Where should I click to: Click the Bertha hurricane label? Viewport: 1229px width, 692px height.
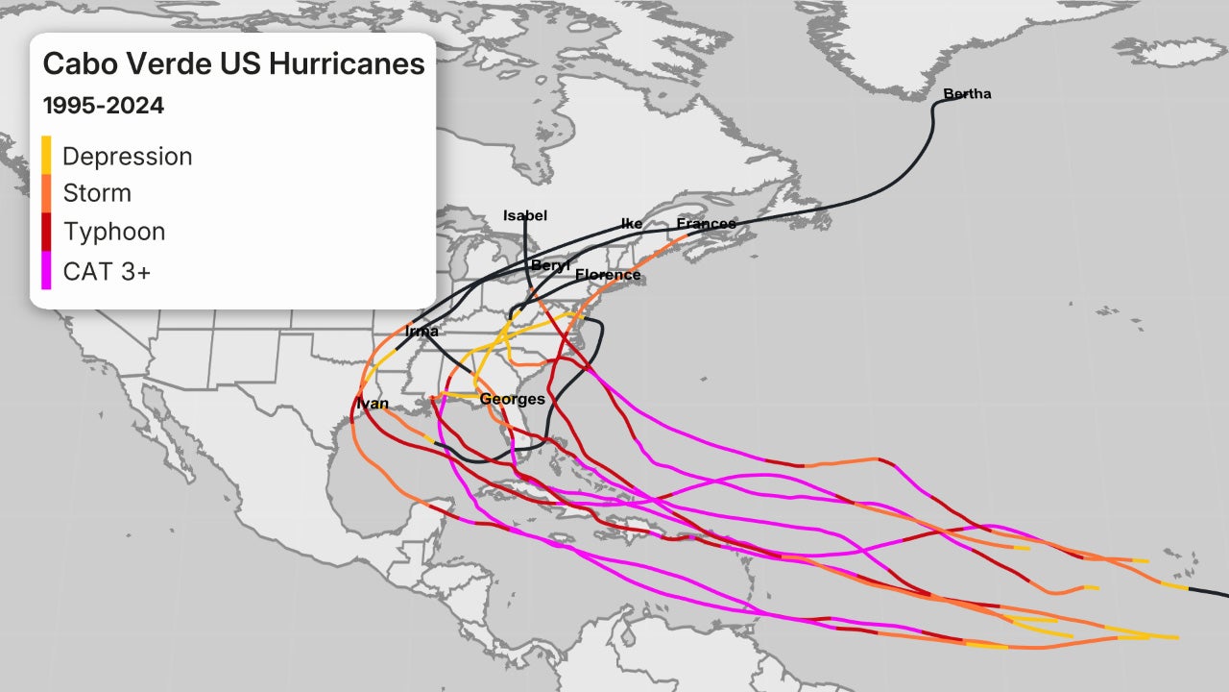[967, 94]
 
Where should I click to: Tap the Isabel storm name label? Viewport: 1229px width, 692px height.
[524, 216]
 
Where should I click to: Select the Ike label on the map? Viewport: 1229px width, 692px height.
[632, 224]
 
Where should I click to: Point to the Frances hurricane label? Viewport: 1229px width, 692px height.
[706, 224]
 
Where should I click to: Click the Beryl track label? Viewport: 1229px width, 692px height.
[550, 265]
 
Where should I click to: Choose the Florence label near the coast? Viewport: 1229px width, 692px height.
[608, 275]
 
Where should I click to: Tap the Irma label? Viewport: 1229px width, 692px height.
[422, 332]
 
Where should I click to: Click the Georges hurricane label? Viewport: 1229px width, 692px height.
[512, 399]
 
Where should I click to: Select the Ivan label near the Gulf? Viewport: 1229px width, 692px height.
[373, 404]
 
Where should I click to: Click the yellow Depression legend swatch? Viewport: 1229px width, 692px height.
[46, 155]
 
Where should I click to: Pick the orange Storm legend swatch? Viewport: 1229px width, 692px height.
[46, 193]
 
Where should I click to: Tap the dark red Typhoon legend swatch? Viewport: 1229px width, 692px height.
[46, 232]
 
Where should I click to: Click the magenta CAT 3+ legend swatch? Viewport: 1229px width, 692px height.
[46, 270]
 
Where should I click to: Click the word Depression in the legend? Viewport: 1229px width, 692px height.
[127, 156]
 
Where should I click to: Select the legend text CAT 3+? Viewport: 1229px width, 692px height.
[107, 271]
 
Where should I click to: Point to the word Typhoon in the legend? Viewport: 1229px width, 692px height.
[113, 233]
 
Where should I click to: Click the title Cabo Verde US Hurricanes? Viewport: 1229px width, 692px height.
[233, 64]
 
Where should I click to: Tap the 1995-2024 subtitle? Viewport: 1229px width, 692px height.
[103, 106]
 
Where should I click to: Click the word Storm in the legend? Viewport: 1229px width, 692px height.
[97, 193]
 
